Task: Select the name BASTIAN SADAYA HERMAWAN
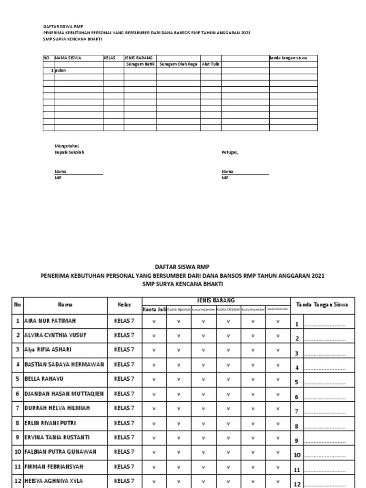(64, 364)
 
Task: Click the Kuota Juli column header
(154, 309)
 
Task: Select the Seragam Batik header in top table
(141, 64)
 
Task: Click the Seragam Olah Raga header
(179, 64)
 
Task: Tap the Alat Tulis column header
(210, 64)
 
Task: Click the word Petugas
(230, 152)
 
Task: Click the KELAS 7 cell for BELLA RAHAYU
(124, 379)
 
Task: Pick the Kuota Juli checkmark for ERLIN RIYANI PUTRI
(154, 423)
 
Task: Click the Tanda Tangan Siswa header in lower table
(322, 304)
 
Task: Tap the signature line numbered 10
(324, 455)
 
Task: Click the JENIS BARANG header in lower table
(216, 300)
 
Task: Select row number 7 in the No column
(18, 408)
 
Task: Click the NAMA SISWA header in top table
(69, 58)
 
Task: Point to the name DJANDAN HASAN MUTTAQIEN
(64, 394)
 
